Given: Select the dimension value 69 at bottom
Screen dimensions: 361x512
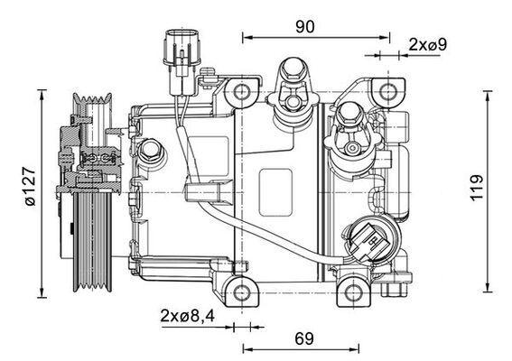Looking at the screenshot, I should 303,338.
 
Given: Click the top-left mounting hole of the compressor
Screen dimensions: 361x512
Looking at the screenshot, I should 242,92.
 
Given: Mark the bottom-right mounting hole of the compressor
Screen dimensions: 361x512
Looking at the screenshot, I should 354,291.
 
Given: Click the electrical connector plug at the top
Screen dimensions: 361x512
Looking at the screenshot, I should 177,51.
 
